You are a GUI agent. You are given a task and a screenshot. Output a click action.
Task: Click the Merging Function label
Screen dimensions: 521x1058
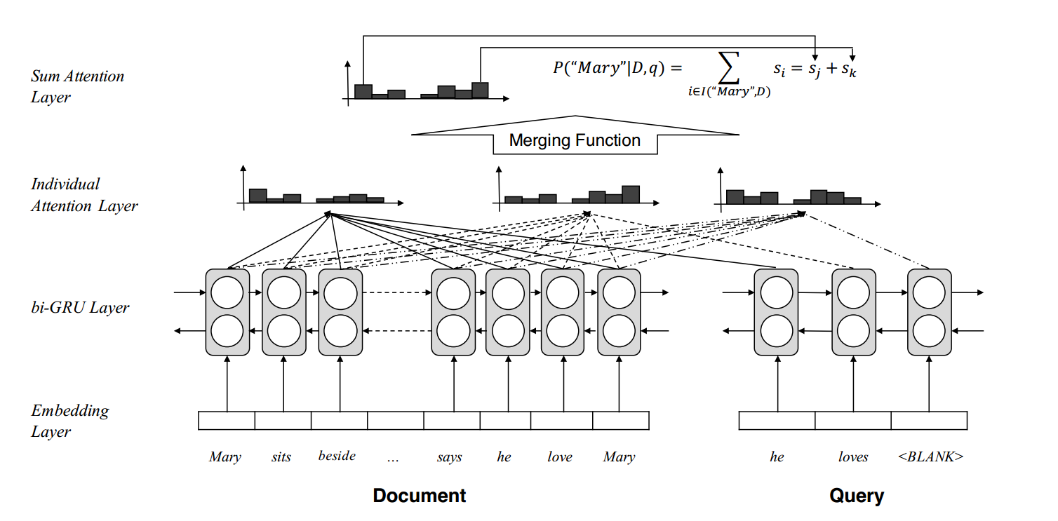pyautogui.click(x=575, y=140)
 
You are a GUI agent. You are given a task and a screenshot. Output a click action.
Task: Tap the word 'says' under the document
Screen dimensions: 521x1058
pyautogui.click(x=449, y=457)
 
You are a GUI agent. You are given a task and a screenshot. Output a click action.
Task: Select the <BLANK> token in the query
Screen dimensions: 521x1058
pyautogui.click(x=930, y=456)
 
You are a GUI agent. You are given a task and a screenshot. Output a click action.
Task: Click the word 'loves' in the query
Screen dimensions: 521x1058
pyautogui.click(x=853, y=457)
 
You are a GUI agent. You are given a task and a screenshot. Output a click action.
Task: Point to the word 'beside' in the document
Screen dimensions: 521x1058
pyautogui.click(x=337, y=456)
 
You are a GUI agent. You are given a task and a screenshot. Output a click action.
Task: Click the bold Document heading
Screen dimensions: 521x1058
pyautogui.click(x=420, y=496)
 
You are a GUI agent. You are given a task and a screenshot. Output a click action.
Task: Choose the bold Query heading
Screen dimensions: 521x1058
pyautogui.click(x=857, y=496)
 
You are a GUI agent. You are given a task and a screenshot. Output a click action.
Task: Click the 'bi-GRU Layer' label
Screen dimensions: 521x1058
pyautogui.click(x=80, y=307)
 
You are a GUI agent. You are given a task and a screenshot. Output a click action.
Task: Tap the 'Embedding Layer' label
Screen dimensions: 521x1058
pyautogui.click(x=70, y=421)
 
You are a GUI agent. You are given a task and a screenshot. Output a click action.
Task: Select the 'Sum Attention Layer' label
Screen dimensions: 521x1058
pyautogui.click(x=77, y=86)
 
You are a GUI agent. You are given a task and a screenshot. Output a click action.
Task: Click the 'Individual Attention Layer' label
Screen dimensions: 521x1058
pyautogui.click(x=84, y=195)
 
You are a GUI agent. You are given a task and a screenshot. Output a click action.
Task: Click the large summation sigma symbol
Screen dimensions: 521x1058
pyautogui.click(x=730, y=68)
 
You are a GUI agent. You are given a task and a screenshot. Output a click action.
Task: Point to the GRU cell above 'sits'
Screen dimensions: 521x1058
pyautogui.click(x=283, y=312)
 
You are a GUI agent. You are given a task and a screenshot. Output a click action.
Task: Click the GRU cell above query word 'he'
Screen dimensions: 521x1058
pyautogui.click(x=776, y=312)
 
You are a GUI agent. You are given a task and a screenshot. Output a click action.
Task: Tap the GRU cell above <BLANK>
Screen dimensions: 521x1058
pyautogui.click(x=930, y=312)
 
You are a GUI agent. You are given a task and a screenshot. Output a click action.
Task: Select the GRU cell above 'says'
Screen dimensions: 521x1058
pyautogui.click(x=453, y=312)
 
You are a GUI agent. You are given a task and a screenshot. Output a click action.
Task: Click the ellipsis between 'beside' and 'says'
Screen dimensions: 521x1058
pyautogui.click(x=393, y=458)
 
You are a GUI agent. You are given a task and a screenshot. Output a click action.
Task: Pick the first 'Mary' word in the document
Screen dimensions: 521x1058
pyautogui.click(x=225, y=457)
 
